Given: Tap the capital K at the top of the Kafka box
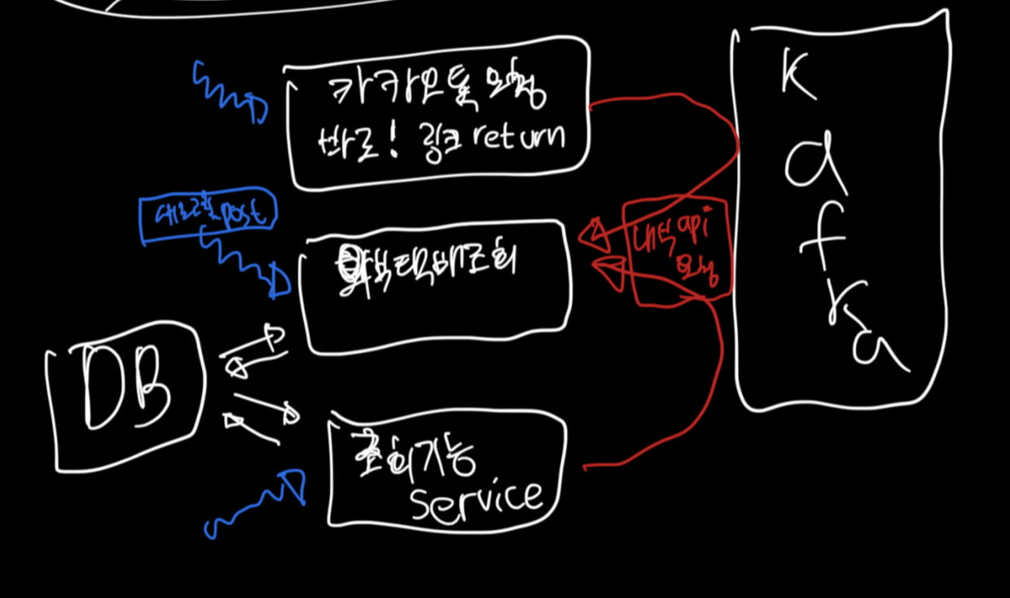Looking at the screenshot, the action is click(797, 77).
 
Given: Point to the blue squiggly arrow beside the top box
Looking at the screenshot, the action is click(228, 92).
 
